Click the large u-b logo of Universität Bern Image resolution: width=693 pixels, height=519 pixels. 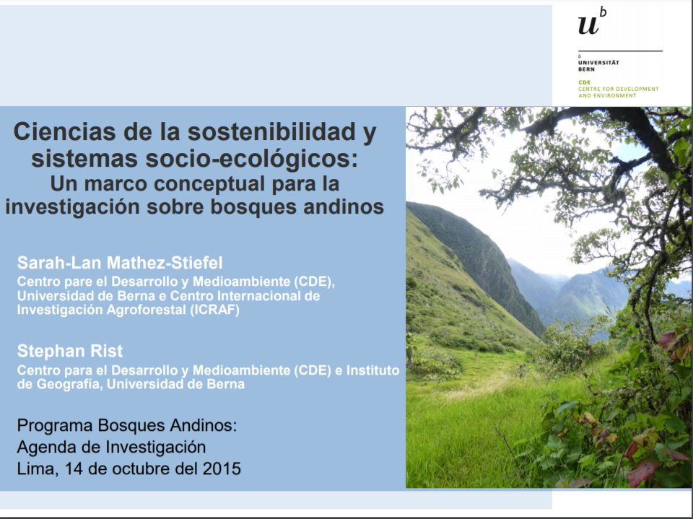click(592, 21)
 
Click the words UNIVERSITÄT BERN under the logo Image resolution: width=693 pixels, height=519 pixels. click(598, 66)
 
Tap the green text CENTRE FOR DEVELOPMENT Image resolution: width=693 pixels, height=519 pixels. click(619, 89)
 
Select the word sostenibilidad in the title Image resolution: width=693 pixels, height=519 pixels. click(271, 131)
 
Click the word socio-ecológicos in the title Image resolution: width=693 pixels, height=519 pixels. click(251, 159)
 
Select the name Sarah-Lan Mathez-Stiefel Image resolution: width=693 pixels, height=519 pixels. click(120, 263)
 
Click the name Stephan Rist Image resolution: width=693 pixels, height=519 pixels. click(70, 351)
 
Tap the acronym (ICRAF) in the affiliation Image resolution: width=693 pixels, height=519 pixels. click(215, 310)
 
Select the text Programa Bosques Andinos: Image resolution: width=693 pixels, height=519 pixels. click(127, 425)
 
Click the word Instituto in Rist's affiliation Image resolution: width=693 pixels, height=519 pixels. click(372, 370)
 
